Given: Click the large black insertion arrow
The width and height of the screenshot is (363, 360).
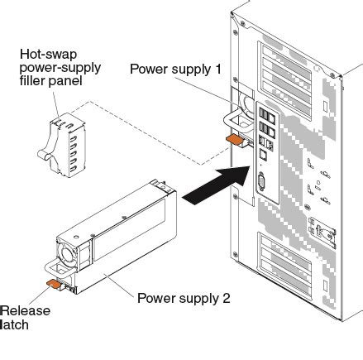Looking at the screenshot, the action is point(217,185).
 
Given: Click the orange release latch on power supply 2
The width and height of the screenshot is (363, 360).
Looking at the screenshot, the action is point(54,284).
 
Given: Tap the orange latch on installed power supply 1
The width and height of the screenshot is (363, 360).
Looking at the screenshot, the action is point(234,139).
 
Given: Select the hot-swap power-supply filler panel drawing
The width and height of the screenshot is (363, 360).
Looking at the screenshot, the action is point(62,145).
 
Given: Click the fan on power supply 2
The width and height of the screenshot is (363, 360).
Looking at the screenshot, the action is point(67,254).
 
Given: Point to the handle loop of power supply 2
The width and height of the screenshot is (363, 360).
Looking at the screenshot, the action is point(59,268).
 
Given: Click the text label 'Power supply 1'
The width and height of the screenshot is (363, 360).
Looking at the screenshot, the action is point(175,70).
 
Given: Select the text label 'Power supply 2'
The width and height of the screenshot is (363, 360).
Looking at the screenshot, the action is point(184,299).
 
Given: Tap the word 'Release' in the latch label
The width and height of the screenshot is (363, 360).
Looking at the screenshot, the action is point(26,311).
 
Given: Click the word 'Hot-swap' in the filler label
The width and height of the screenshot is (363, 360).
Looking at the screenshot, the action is point(48,55).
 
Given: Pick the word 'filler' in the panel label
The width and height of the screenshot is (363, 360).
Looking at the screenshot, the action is point(35,81).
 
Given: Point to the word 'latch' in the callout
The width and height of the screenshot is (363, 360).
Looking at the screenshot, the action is point(15,324).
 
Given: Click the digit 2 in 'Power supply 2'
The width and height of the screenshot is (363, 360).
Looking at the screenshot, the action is point(227,298).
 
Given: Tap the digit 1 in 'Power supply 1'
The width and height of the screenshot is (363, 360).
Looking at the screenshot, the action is point(218,69).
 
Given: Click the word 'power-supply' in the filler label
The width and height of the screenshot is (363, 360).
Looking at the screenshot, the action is point(60,68).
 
